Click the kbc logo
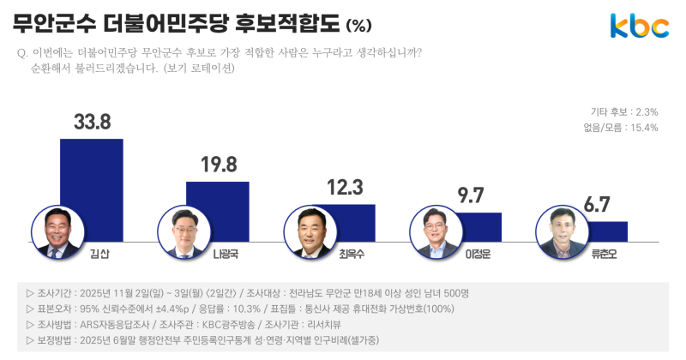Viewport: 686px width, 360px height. (639, 27)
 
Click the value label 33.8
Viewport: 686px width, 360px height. (91, 122)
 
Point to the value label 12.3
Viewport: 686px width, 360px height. (346, 187)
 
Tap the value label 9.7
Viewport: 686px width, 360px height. (472, 196)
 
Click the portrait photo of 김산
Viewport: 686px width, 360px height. (59, 232)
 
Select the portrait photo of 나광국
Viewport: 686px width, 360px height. (185, 232)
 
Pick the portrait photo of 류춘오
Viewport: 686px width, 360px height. (564, 232)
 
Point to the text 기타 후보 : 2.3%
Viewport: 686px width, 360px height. (623, 112)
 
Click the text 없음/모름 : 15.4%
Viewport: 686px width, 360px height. (619, 128)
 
